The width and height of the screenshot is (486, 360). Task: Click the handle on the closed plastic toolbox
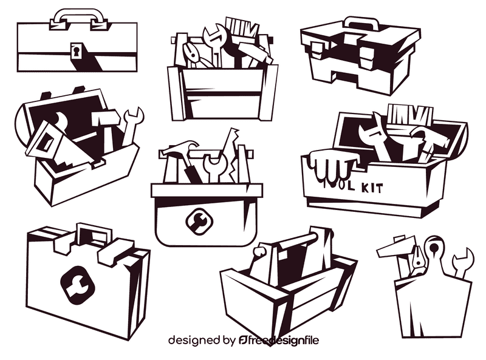click(x=363, y=23)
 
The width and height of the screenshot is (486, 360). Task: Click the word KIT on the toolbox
click(x=371, y=187)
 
